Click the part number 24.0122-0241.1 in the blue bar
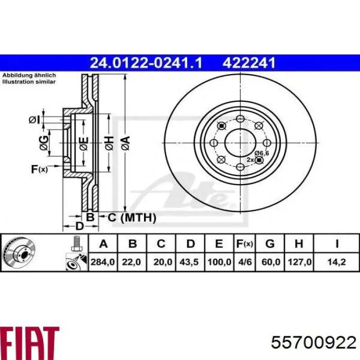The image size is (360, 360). [x=146, y=63]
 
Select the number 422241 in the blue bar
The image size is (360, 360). [x=249, y=63]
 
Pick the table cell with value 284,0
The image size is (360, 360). [x=103, y=262]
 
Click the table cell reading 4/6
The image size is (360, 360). [x=245, y=262]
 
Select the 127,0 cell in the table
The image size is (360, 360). [x=299, y=262]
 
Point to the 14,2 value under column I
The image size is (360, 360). [x=336, y=262]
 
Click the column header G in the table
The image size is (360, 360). [x=270, y=244]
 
